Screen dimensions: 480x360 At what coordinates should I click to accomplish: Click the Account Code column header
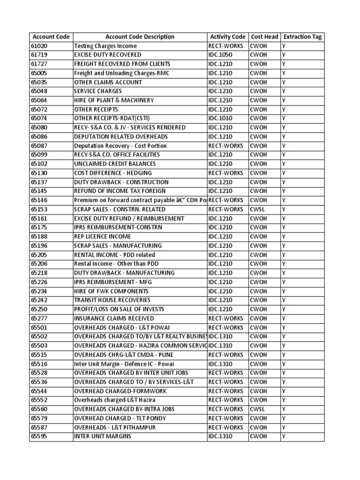tap(51, 37)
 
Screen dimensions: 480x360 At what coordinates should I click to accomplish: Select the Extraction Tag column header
tap(303, 37)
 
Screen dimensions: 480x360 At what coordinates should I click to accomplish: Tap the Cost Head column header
tap(264, 37)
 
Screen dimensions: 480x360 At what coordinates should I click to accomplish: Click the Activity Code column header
tap(228, 37)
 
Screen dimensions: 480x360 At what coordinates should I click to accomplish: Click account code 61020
tap(39, 46)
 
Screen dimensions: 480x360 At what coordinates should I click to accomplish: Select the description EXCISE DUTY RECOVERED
tap(107, 55)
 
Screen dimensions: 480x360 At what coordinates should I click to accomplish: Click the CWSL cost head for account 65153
tap(257, 210)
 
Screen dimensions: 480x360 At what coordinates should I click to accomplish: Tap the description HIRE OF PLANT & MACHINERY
tap(114, 100)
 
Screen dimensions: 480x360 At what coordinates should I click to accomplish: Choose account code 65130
tap(39, 173)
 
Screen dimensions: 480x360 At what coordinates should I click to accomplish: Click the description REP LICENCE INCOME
tap(103, 237)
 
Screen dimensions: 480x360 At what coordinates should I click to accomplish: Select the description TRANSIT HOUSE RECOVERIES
tap(112, 300)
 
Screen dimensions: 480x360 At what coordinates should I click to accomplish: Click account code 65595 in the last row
tap(39, 436)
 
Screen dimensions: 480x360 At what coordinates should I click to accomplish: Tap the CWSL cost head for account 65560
tap(257, 409)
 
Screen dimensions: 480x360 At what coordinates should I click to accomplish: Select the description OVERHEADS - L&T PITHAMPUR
tap(115, 427)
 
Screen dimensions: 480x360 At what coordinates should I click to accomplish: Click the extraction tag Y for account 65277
tap(284, 318)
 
